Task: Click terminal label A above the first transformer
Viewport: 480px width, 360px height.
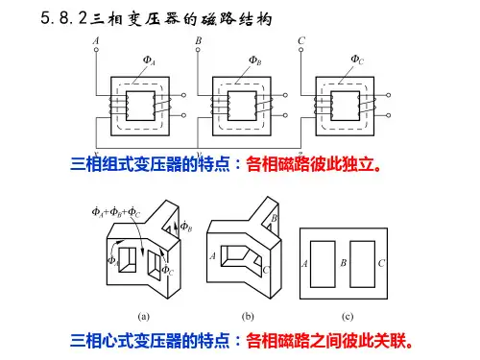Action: tap(96, 41)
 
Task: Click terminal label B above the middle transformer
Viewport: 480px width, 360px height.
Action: tap(199, 41)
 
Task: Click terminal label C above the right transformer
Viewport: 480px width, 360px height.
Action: tap(301, 41)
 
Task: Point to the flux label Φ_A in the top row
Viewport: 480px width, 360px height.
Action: tap(149, 60)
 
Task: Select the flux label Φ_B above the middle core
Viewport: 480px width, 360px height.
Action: tap(255, 60)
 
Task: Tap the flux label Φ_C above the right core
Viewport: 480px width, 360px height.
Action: tap(357, 60)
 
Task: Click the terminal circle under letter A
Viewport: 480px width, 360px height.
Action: tap(96, 50)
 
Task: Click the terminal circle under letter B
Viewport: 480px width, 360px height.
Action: tap(198, 50)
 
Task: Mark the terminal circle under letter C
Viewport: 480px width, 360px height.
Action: tap(300, 50)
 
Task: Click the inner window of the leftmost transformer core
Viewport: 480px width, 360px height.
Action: tap(140, 106)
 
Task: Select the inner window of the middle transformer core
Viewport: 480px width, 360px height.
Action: tap(242, 106)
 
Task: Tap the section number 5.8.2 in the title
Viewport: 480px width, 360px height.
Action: tap(64, 18)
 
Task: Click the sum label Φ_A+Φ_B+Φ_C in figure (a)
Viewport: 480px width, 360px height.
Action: tap(116, 212)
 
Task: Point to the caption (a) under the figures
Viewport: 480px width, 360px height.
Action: tap(144, 317)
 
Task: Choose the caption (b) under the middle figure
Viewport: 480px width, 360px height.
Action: tap(248, 317)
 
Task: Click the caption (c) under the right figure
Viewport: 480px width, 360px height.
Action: tap(348, 317)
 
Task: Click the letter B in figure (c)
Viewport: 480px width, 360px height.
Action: tap(344, 263)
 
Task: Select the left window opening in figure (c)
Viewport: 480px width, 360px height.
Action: tap(323, 264)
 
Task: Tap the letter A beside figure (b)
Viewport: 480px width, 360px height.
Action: tap(212, 255)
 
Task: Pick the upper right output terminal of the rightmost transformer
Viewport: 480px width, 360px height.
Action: tap(389, 95)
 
